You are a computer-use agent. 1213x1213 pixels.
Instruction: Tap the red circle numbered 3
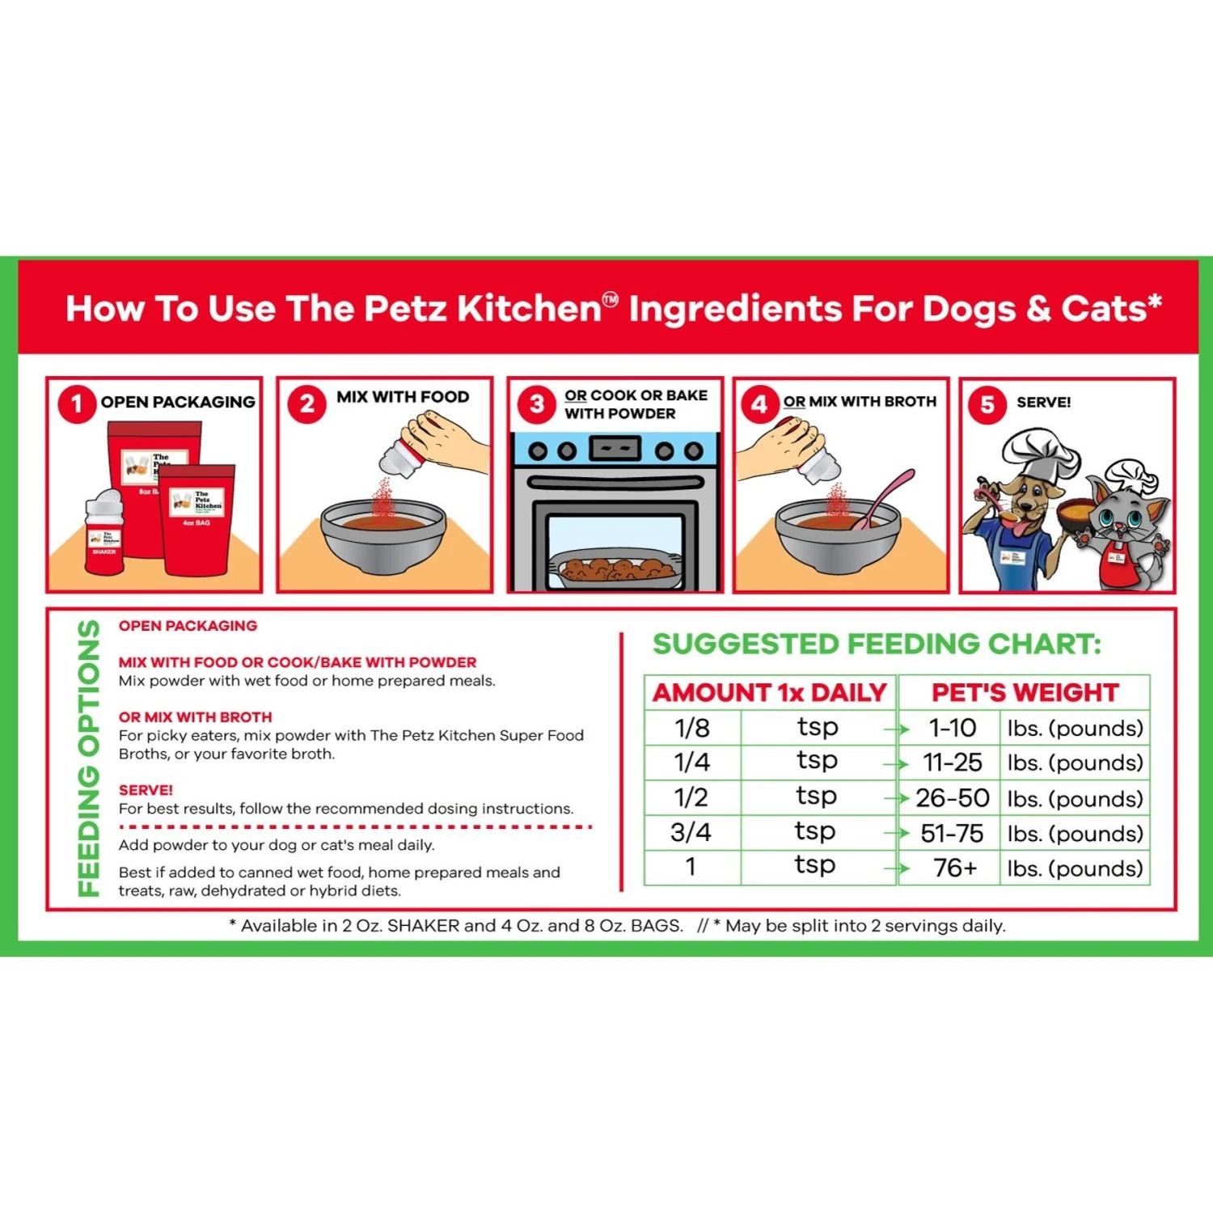point(537,404)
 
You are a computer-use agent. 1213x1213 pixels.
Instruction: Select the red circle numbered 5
point(987,404)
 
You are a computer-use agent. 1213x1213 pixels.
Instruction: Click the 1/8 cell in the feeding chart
point(692,728)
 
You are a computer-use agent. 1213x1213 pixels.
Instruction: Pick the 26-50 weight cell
point(952,798)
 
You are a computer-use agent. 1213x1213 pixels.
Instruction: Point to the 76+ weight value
point(955,868)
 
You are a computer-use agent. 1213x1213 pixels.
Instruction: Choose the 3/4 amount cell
point(691,832)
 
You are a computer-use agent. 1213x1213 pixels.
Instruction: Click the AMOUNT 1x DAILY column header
point(770,693)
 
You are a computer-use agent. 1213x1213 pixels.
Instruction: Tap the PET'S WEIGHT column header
point(1025,693)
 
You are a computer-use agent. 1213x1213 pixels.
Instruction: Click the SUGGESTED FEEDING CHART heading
point(877,645)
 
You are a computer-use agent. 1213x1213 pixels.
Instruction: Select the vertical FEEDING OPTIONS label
point(88,759)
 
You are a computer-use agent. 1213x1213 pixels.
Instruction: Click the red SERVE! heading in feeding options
point(146,790)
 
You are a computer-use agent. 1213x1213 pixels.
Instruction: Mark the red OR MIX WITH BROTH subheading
point(195,717)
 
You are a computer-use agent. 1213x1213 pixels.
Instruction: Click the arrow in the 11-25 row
point(896,763)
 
